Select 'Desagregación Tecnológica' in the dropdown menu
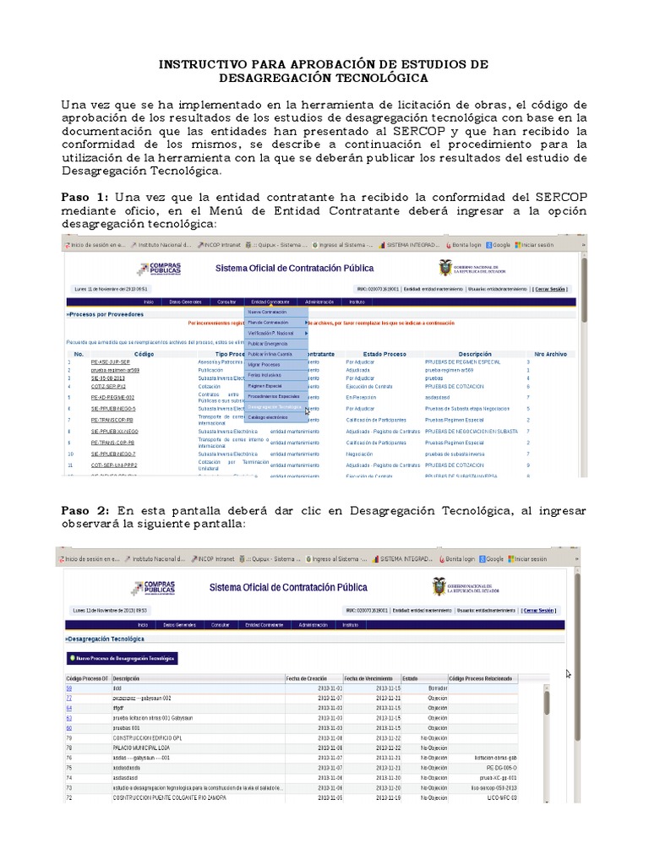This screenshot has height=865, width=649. tap(275, 406)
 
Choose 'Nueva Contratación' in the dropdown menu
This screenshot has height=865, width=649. tap(267, 312)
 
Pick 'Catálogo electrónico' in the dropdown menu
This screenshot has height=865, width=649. tap(268, 416)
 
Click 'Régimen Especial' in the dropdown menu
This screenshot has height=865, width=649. tap(265, 385)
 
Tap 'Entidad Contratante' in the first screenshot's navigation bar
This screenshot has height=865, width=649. tap(270, 301)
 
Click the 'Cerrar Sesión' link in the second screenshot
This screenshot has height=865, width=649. tap(539, 610)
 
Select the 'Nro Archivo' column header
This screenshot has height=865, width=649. tap(550, 354)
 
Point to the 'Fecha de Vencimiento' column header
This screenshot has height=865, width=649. tap(371, 678)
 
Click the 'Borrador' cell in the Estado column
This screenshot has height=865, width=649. tap(438, 688)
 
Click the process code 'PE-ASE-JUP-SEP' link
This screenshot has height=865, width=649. tap(111, 362)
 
